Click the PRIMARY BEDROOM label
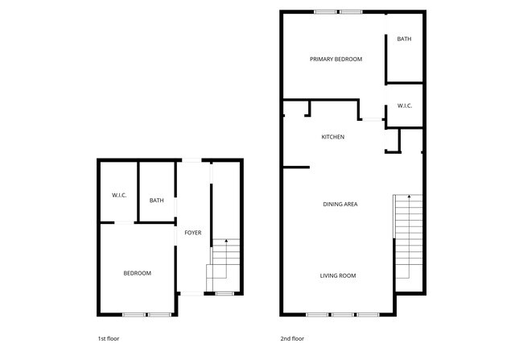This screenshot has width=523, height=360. click(336, 60)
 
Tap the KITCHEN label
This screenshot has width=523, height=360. click(333, 137)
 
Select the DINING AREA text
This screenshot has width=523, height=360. click(340, 204)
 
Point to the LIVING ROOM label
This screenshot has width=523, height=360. click(338, 275)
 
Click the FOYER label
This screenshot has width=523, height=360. click(193, 233)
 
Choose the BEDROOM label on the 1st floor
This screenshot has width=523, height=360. click(137, 273)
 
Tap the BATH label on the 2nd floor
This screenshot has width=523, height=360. click(404, 39)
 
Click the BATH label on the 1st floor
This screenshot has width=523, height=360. click(157, 201)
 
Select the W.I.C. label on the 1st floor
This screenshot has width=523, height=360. click(119, 195)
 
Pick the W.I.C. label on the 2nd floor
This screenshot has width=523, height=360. click(405, 106)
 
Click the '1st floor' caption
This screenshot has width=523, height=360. click(108, 338)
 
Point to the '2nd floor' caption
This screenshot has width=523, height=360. click(293, 338)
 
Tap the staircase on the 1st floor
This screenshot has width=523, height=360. click(225, 266)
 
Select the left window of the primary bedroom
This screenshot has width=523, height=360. click(325, 11)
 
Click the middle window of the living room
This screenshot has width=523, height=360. click(343, 313)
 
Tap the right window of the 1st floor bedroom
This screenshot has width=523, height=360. click(159, 313)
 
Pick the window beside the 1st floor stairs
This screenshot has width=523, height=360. click(224, 294)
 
